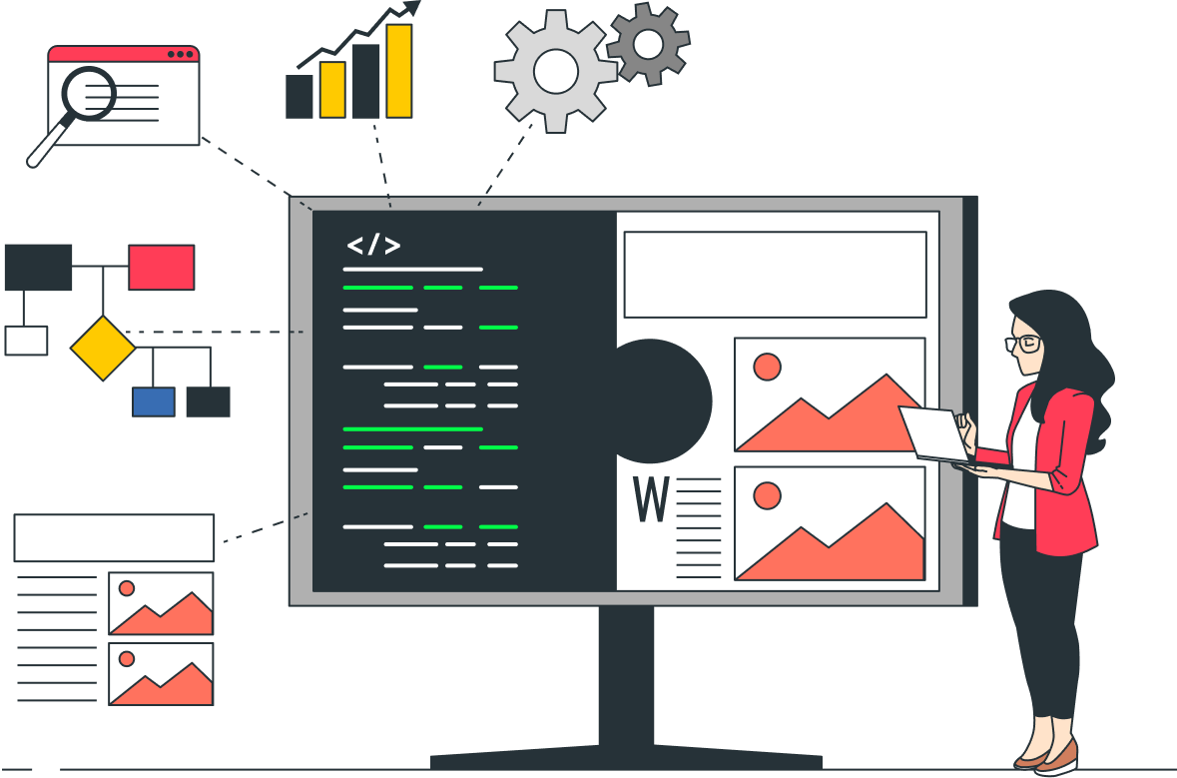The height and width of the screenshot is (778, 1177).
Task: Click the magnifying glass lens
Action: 89,95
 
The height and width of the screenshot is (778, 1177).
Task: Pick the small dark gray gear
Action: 648,43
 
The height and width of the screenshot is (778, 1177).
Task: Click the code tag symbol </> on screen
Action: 373,246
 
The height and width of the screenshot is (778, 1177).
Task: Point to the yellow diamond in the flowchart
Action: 103,348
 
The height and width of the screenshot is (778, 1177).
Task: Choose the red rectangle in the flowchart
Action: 161,268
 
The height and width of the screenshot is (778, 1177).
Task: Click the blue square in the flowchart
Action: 154,401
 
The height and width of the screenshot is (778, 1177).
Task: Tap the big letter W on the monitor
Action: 651,500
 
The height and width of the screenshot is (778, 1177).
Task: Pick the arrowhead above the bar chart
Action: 409,8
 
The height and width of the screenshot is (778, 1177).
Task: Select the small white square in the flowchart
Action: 26,341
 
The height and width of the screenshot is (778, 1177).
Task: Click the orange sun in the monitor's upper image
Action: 767,367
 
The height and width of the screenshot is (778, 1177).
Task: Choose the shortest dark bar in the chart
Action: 299,97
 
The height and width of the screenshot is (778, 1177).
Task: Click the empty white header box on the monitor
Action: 775,275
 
